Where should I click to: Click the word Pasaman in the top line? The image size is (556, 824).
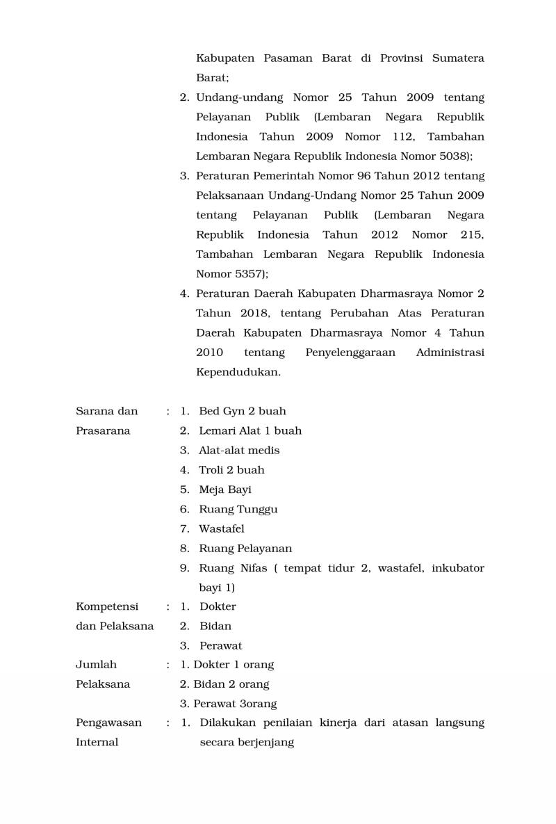pyautogui.click(x=287, y=58)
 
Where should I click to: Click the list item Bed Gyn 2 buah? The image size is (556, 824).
pyautogui.click(x=242, y=411)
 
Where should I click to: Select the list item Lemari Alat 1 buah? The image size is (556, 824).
pyautogui.click(x=250, y=430)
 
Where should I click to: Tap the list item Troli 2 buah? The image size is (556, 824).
pyautogui.click(x=231, y=470)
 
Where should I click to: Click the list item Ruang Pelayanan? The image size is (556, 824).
pyautogui.click(x=245, y=549)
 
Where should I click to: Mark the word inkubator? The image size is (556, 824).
pyautogui.click(x=457, y=568)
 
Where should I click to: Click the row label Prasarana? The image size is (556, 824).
pyautogui.click(x=103, y=430)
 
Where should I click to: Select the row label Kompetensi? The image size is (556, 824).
pyautogui.click(x=107, y=606)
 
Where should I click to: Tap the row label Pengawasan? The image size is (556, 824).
pyautogui.click(x=108, y=722)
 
